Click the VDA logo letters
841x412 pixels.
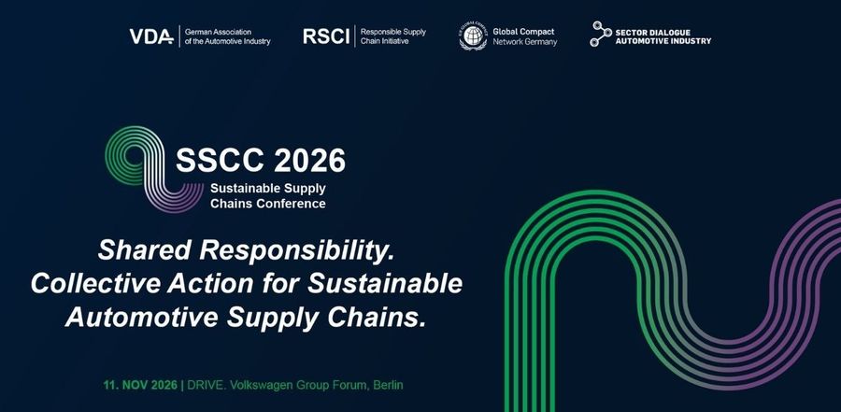point(151,36)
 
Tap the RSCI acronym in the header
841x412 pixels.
point(326,36)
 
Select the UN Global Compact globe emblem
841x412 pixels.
point(473,36)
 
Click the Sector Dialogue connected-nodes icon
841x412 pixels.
point(601,34)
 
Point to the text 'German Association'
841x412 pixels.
point(218,32)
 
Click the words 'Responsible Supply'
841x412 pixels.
point(393,32)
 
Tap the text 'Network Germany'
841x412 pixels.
point(525,42)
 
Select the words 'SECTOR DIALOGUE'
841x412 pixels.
point(653,32)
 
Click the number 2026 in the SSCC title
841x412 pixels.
point(309,160)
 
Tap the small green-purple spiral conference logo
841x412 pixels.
point(154,168)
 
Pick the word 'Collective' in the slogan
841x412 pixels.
point(95,284)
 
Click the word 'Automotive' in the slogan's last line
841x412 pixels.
point(142,318)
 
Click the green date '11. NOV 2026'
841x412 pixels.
point(140,385)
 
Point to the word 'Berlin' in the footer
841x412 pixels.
point(389,385)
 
